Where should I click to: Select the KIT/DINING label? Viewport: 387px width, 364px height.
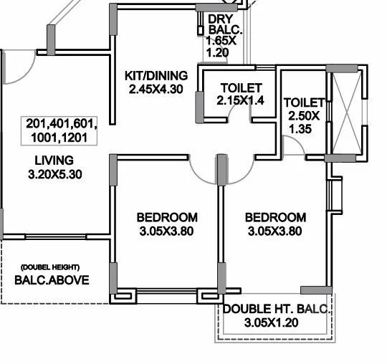point(156,75)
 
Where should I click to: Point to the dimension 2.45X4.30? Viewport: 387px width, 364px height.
point(156,89)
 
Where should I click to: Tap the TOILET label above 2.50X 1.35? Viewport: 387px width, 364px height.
point(303,102)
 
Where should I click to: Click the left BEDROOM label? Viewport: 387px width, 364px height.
point(167,217)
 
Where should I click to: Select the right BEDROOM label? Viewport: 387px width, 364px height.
point(275,217)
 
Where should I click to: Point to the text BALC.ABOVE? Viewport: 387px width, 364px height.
point(52,280)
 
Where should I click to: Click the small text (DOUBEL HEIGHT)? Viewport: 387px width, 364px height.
point(51,265)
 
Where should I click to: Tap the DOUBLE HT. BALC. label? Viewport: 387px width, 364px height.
point(276,310)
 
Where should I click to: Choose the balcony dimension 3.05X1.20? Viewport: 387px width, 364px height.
point(270,323)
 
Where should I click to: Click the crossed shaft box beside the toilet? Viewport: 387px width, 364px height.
point(346,113)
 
